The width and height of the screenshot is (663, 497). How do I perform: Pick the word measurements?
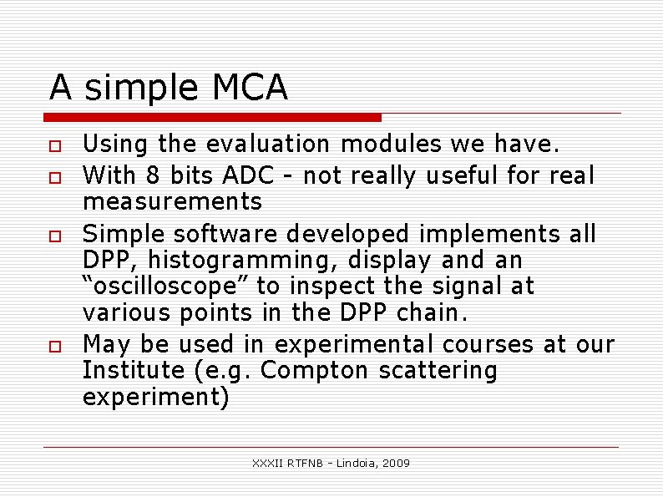[172, 201]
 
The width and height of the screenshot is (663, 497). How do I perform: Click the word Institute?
[134, 370]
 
